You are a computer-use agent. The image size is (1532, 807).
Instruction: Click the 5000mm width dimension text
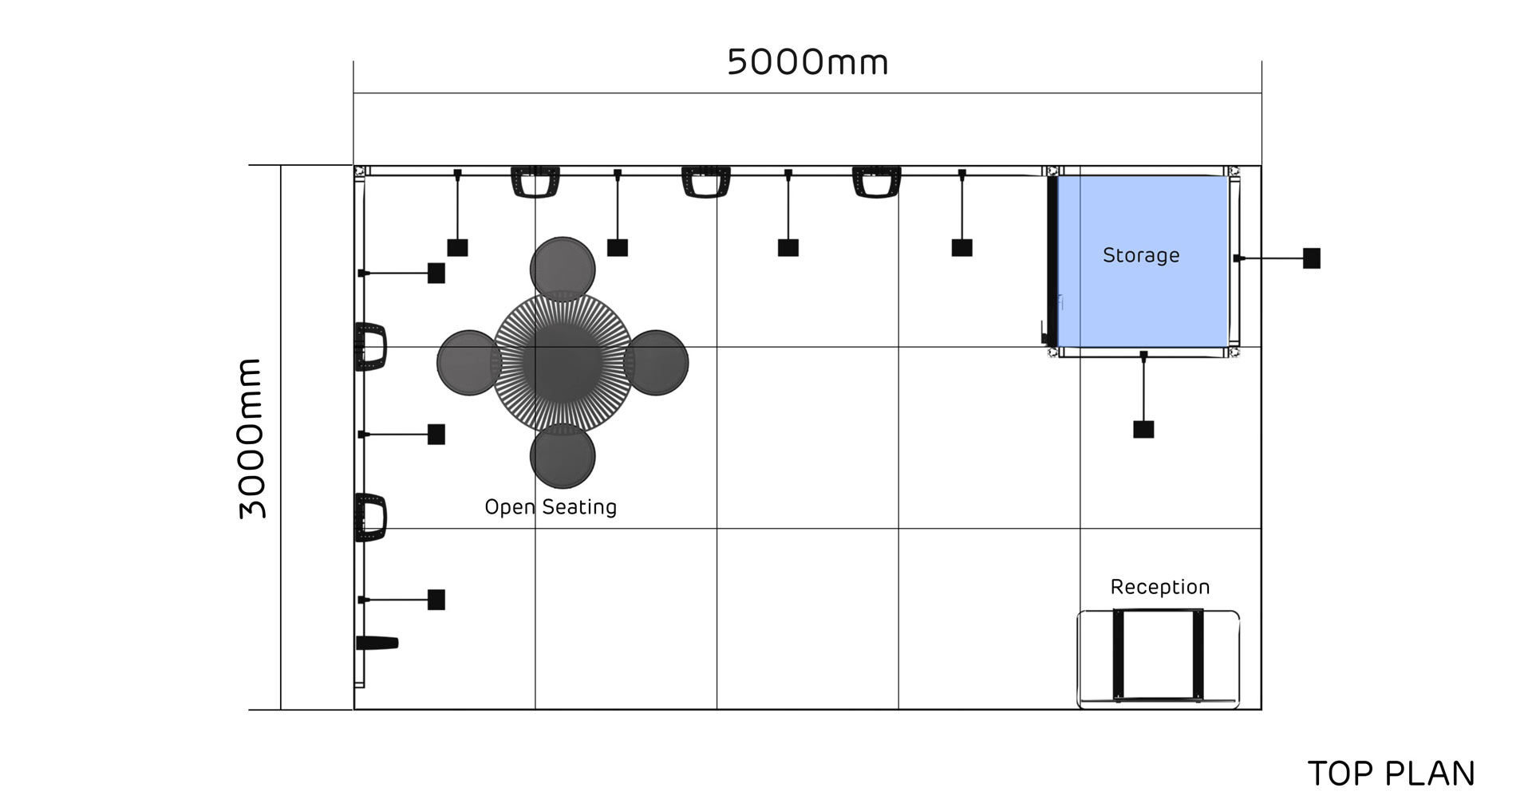coord(807,62)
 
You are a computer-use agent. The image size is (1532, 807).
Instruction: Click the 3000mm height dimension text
coord(251,439)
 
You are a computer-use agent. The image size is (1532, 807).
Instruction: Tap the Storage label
coord(1141,255)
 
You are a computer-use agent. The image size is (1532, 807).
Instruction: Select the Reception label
coord(1160,588)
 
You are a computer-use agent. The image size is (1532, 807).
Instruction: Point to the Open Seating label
coord(551,507)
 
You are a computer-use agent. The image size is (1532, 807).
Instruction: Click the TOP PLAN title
coord(1392,774)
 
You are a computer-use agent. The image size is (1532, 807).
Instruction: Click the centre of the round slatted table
coord(563,363)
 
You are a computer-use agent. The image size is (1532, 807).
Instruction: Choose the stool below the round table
coord(563,456)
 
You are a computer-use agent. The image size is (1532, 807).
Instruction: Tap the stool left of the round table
coord(469,363)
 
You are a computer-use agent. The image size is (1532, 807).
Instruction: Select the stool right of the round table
coord(656,363)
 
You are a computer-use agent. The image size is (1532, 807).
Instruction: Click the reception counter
coord(1159,659)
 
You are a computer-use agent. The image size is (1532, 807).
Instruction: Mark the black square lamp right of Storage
coord(1312,258)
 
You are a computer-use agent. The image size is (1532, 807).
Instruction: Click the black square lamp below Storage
coord(1143,430)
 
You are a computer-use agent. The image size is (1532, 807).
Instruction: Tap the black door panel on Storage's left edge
coord(1052,261)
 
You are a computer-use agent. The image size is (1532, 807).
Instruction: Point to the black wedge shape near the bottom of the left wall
coord(377,643)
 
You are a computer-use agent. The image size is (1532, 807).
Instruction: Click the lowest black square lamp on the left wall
coord(436,600)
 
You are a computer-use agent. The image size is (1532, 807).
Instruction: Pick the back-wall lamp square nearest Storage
coord(962,247)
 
